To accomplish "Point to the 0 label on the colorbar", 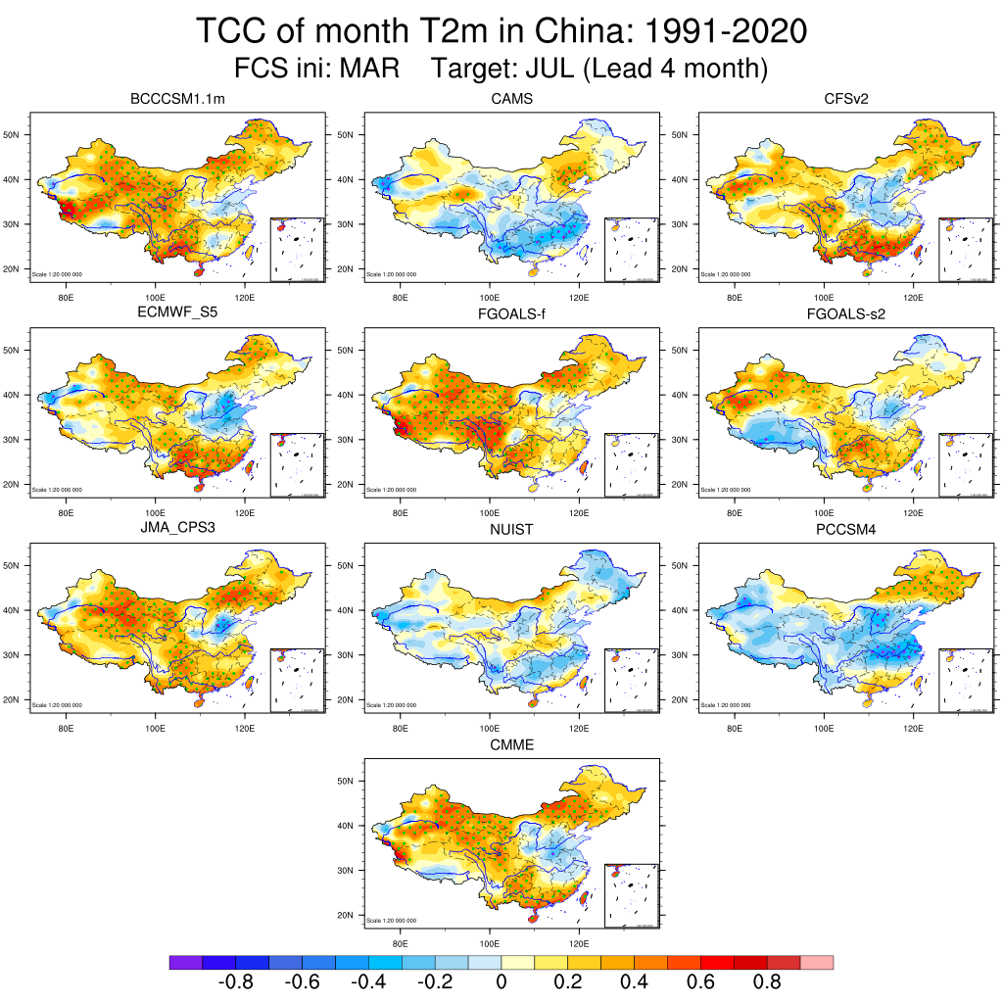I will pyautogui.click(x=501, y=982).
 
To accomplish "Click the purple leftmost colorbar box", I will pyautogui.click(x=185, y=963).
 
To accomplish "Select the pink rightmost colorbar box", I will pyautogui.click(x=817, y=963).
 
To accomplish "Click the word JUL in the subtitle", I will pyautogui.click(x=556, y=70).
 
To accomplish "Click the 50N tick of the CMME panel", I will pyautogui.click(x=346, y=781).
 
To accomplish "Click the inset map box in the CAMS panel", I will pyautogui.click(x=631, y=250).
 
